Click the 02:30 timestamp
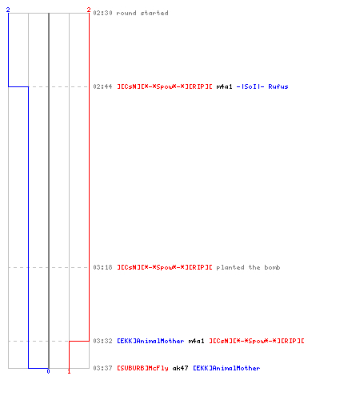[102, 13]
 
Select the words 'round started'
[142, 13]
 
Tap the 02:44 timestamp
[102, 86]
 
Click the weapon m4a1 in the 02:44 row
[224, 86]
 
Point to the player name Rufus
[278, 86]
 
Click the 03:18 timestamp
[102, 267]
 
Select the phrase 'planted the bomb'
[248, 267]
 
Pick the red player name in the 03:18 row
[165, 267]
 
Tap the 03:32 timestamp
[102, 341]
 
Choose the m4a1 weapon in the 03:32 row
[196, 341]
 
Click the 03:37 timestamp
[102, 368]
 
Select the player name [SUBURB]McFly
[142, 368]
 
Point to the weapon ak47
[180, 368]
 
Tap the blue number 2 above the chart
[8, 10]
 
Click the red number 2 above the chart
[89, 10]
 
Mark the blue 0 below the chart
[48, 371]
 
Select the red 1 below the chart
[69, 371]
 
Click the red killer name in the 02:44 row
[165, 86]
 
